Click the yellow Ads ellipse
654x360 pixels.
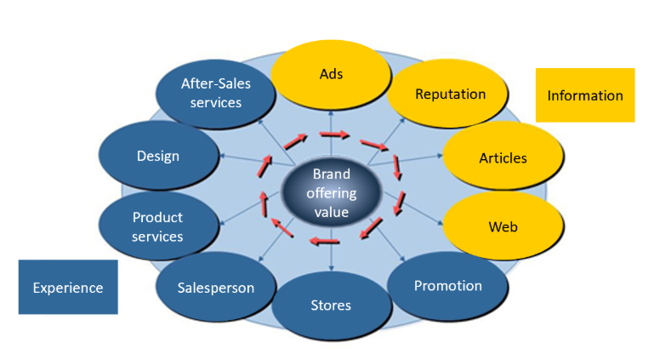point(331,74)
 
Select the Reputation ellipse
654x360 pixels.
point(449,94)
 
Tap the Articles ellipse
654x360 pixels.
point(503,157)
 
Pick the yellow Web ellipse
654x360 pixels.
point(503,226)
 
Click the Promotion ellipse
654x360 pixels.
point(447,286)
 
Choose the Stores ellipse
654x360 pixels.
point(331,306)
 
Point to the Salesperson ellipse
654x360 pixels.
point(216,288)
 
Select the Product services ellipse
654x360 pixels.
point(157,227)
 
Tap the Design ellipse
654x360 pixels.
point(158,156)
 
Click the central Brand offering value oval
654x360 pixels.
point(331,193)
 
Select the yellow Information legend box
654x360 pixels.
point(585,95)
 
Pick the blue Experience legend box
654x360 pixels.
point(68,288)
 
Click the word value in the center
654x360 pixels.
point(331,211)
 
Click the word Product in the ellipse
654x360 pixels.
point(157,218)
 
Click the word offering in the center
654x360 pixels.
point(331,193)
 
